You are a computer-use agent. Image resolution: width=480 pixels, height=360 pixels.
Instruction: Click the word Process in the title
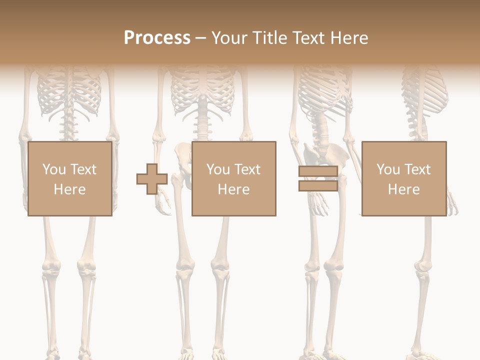point(157,38)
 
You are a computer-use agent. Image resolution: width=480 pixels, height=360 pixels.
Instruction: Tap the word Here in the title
point(349,38)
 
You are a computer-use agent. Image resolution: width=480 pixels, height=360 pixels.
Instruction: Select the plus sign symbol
point(152,179)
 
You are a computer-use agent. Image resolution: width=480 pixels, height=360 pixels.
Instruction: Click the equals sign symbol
point(318,178)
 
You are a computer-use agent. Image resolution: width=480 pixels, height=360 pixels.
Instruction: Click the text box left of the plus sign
point(69,178)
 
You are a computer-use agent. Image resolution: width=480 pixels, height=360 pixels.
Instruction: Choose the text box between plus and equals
point(233,178)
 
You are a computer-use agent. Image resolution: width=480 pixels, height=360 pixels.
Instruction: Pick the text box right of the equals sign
point(403,178)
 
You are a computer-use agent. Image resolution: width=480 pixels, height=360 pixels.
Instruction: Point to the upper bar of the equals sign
point(318,171)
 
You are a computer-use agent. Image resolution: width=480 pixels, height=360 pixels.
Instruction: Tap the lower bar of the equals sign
point(318,185)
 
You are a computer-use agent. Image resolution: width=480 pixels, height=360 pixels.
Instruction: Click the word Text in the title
point(309,38)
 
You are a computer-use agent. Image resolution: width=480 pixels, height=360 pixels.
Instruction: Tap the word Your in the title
point(229,38)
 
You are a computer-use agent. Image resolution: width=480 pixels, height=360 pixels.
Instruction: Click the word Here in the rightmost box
point(403,189)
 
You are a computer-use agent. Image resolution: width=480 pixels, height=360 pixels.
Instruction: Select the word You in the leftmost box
point(54,169)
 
